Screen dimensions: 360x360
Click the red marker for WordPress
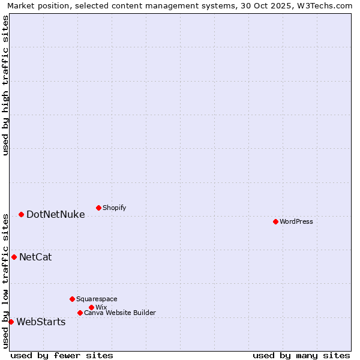tap(275, 221)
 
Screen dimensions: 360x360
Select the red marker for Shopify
tap(98, 208)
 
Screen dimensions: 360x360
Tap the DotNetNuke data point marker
tap(21, 214)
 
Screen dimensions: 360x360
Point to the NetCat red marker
tap(14, 257)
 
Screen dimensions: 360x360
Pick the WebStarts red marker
tap(11, 322)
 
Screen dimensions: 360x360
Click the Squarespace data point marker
tap(72, 299)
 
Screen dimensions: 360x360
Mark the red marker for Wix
tap(91, 307)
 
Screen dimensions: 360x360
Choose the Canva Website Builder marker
tap(80, 313)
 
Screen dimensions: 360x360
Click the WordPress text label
tap(296, 221)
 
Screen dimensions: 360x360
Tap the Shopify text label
tap(114, 208)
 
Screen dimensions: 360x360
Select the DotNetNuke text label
tap(56, 214)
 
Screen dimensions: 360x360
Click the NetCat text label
tap(35, 257)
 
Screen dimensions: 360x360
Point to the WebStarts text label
tap(41, 322)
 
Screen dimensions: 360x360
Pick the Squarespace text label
tap(97, 299)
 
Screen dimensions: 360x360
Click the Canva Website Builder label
tap(119, 313)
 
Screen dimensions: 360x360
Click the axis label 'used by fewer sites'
tap(62, 355)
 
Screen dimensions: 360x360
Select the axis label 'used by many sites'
tap(301, 355)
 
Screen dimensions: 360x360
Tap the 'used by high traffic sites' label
tap(5, 85)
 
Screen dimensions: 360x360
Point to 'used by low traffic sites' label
tap(5, 280)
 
